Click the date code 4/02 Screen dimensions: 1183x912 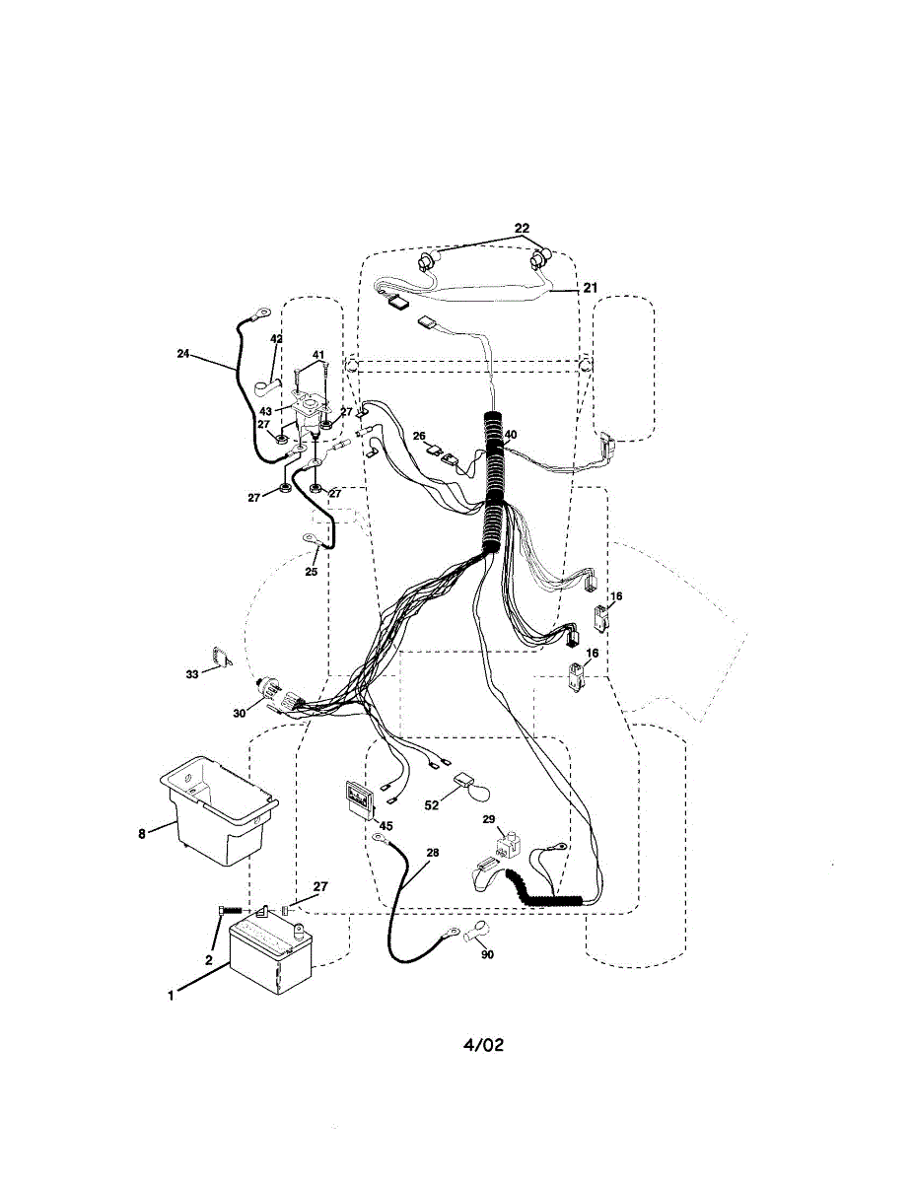(483, 1044)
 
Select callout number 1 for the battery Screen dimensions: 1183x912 (171, 995)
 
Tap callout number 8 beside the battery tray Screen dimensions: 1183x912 (143, 833)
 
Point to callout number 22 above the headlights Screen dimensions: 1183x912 (522, 230)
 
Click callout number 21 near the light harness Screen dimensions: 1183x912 (590, 288)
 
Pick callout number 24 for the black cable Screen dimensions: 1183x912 (182, 354)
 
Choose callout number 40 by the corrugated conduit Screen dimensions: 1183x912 (510, 434)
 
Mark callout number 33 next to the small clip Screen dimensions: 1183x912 (192, 674)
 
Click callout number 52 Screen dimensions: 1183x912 (432, 805)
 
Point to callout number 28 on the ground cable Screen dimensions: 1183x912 (433, 852)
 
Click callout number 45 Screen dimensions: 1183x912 (386, 825)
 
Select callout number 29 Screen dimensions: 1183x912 (488, 819)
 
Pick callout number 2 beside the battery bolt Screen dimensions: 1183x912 (209, 959)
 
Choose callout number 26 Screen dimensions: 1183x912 (419, 436)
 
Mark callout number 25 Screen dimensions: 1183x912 (312, 571)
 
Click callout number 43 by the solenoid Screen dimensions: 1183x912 (265, 411)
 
